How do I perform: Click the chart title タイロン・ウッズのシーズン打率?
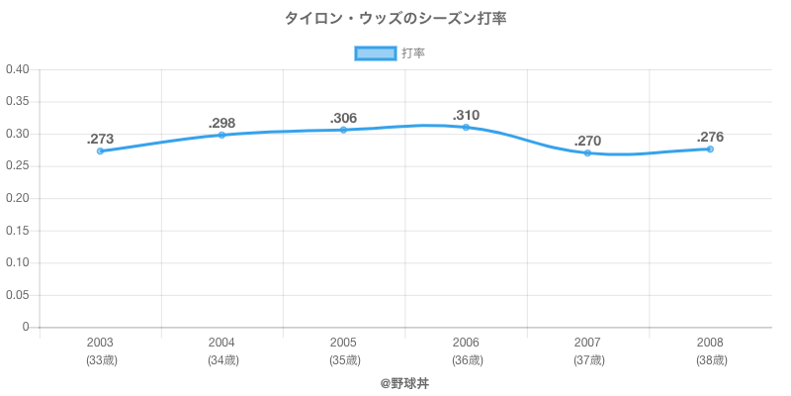click(395, 19)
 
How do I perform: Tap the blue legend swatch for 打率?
click(375, 53)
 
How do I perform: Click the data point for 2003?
click(100, 151)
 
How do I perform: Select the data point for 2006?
click(466, 127)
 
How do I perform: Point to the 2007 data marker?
click(587, 152)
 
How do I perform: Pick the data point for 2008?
click(710, 148)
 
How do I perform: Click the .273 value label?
click(100, 139)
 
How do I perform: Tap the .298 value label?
click(221, 123)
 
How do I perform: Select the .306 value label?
click(344, 118)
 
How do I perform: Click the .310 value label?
click(466, 115)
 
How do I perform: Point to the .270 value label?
click(587, 141)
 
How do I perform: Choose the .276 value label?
click(710, 137)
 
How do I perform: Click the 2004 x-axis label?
click(221, 343)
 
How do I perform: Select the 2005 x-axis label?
click(344, 343)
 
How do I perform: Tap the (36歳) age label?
click(466, 360)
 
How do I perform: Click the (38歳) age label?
click(710, 360)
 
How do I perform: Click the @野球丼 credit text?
click(404, 382)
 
